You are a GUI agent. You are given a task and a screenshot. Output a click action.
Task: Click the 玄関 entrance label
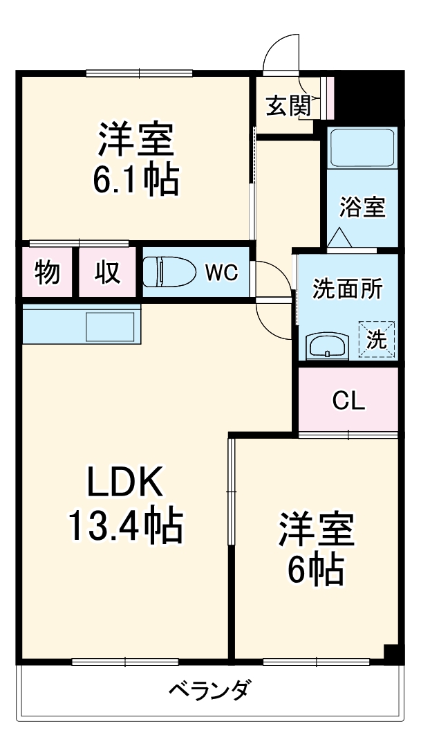(x=288, y=106)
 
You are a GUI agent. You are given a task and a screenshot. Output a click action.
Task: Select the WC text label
(x=221, y=273)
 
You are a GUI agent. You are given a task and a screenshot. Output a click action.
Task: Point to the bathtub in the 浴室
(x=362, y=147)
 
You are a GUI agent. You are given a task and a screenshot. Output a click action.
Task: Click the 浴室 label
(x=362, y=208)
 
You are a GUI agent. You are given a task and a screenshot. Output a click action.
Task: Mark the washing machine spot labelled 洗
(x=377, y=340)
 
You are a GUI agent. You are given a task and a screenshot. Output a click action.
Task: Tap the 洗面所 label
(x=348, y=289)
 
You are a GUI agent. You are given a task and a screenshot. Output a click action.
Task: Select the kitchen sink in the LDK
(x=111, y=327)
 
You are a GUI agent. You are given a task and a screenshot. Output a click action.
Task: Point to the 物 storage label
(x=48, y=272)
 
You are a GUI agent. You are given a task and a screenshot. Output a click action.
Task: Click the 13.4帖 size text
(x=126, y=525)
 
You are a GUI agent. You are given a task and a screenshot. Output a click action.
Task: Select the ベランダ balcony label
(x=209, y=691)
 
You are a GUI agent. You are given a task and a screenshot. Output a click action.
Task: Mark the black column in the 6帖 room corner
(x=393, y=653)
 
